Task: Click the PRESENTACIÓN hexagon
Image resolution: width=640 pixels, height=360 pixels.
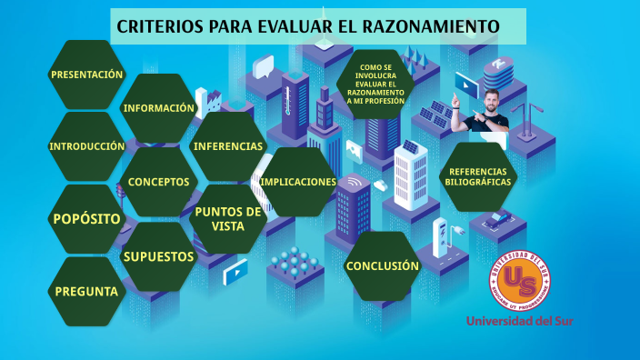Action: (x=86, y=75)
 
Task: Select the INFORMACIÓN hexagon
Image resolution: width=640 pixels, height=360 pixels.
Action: (x=159, y=108)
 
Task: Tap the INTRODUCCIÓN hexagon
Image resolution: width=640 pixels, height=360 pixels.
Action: (x=86, y=146)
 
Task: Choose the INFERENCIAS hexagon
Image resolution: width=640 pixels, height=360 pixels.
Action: (x=228, y=146)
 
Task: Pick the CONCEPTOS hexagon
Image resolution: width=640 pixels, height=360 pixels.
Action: (x=159, y=182)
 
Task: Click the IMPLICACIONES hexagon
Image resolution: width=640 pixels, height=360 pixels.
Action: (x=298, y=182)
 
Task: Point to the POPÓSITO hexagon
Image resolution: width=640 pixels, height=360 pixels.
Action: (x=86, y=219)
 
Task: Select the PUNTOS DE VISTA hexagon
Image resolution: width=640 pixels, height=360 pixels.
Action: (x=228, y=218)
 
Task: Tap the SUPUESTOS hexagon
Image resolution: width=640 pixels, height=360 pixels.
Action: (x=159, y=256)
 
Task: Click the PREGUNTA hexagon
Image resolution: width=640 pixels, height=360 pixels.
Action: (x=86, y=292)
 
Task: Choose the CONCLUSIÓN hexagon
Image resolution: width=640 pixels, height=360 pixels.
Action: (x=382, y=266)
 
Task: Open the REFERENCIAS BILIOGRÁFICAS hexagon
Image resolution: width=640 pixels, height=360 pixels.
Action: (x=479, y=177)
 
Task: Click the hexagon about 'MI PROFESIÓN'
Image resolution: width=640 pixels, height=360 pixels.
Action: (x=375, y=84)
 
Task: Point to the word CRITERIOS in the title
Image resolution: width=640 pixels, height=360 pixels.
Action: (x=159, y=26)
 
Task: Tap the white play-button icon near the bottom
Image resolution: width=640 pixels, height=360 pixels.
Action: (x=235, y=269)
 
